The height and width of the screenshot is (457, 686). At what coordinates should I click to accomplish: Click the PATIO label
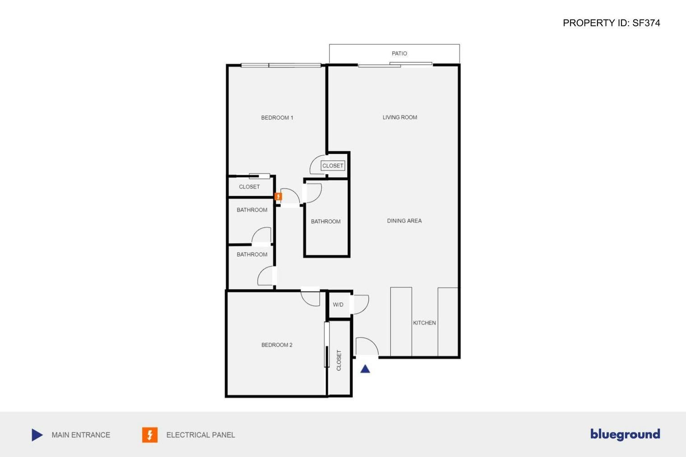point(399,53)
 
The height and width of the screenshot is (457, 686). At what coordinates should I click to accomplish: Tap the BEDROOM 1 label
point(277,118)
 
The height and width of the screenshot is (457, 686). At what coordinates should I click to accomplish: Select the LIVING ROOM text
point(399,117)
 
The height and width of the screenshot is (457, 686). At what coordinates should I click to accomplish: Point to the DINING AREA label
point(404,221)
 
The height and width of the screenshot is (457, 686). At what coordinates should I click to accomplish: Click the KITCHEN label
point(424,323)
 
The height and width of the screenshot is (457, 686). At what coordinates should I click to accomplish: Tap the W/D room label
point(338,305)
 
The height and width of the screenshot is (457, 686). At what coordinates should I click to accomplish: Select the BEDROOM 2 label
point(277,345)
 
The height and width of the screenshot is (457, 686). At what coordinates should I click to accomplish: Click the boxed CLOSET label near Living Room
point(333,166)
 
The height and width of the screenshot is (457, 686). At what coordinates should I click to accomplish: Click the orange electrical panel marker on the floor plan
point(278,196)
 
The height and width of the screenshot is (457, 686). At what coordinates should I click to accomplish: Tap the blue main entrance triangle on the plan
point(365,369)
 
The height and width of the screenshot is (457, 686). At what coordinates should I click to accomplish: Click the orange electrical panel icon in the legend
point(150,435)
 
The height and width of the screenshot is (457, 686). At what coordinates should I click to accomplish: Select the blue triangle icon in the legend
point(37,435)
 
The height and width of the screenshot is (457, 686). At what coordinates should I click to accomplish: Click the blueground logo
point(625,434)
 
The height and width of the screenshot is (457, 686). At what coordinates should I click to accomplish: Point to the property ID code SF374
point(646,23)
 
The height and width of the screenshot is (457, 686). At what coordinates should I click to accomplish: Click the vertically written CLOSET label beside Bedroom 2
point(339,360)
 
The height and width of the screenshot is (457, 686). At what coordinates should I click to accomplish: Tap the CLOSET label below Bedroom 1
point(249,187)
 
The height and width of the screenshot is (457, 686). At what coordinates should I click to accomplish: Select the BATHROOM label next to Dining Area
point(325,222)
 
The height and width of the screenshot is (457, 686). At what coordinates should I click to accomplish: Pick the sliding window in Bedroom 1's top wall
point(281,65)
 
